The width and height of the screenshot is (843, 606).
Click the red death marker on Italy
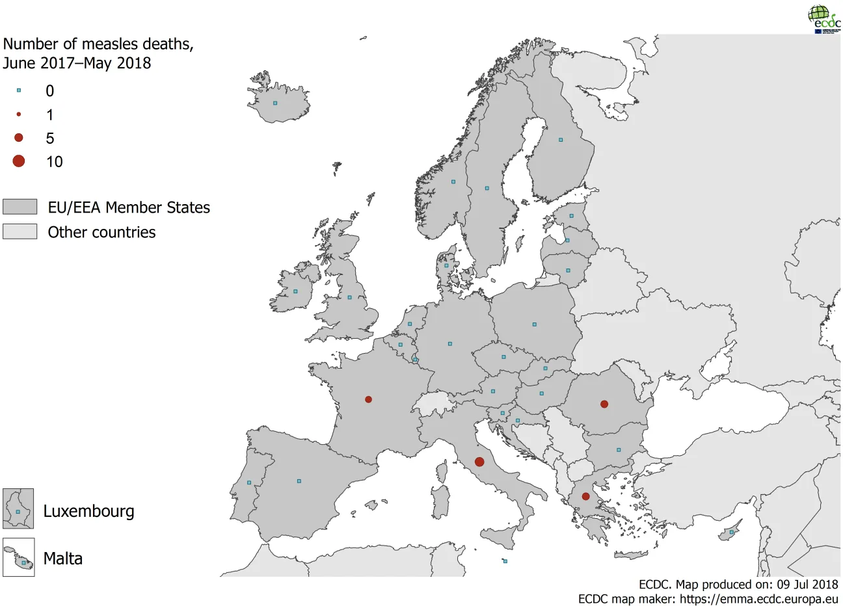click(479, 462)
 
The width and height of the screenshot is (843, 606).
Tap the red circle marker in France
click(368, 399)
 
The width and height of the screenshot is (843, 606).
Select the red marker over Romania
click(604, 404)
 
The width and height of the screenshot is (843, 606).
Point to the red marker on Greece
click(585, 496)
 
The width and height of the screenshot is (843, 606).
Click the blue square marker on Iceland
click(275, 103)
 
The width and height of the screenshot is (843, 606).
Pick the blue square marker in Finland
click(561, 139)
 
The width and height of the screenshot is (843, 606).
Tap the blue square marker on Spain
click(299, 481)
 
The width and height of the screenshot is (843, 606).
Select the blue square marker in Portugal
click(249, 482)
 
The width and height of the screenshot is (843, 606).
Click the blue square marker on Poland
click(535, 324)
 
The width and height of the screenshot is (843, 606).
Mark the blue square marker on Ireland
click(295, 291)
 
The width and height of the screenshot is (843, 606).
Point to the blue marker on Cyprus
click(732, 532)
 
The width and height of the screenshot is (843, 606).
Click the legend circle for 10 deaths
click(19, 161)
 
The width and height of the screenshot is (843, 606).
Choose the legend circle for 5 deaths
click(19, 137)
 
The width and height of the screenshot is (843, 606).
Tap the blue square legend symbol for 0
click(19, 90)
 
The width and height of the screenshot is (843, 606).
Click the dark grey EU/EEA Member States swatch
click(20, 207)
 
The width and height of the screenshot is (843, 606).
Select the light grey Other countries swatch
click(20, 231)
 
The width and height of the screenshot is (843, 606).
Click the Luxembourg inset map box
click(18, 508)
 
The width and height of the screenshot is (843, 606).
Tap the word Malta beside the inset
click(63, 559)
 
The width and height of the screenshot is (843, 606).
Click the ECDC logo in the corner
click(823, 18)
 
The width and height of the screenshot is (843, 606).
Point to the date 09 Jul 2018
click(807, 585)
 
